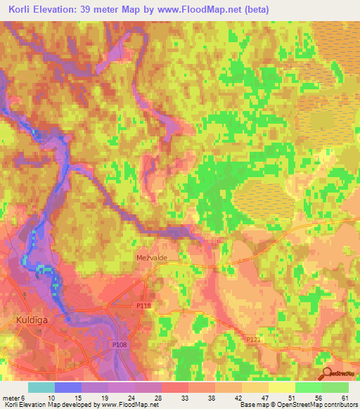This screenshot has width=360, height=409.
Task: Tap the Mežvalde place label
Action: [x=151, y=258]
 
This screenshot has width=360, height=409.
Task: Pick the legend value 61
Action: [x=344, y=398]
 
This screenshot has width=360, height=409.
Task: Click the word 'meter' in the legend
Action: [x=11, y=398]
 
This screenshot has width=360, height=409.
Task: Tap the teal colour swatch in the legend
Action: [x=41, y=387]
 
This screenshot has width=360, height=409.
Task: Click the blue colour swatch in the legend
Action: [x=68, y=387]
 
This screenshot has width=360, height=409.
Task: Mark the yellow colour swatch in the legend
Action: [x=282, y=387]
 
